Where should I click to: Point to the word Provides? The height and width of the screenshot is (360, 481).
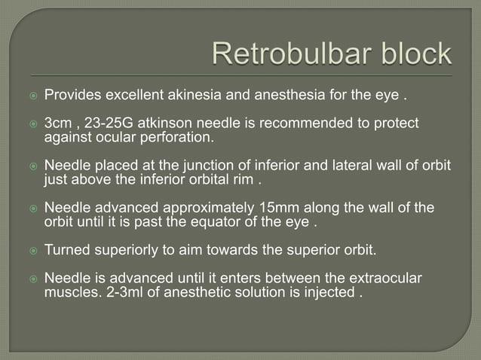tap(73, 96)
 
